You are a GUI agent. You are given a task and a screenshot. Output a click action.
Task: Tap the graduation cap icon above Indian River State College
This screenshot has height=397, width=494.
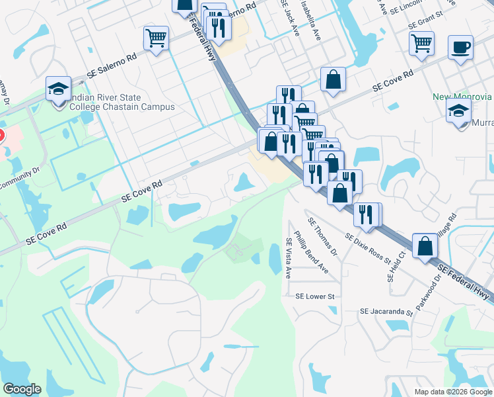tap(58, 88)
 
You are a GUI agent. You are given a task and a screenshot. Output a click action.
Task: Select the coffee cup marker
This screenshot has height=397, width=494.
tap(460, 48)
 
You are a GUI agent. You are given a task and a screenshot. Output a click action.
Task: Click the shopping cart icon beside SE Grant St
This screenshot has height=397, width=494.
tap(421, 44)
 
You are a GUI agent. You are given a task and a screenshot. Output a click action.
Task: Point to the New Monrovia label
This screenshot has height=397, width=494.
tap(462, 97)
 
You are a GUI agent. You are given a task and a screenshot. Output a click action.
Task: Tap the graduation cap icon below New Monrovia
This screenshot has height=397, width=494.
tap(458, 110)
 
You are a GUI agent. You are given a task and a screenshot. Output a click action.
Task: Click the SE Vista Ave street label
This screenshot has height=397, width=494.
tap(288, 257)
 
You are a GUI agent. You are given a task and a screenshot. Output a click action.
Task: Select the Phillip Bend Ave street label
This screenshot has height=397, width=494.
tap(311, 251)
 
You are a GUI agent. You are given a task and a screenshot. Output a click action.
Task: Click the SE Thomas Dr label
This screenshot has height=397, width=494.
tap(322, 233)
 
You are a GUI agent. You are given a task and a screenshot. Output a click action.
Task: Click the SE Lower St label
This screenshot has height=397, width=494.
tap(316, 296)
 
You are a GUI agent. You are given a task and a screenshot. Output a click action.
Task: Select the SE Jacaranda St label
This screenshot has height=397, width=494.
tap(386, 311)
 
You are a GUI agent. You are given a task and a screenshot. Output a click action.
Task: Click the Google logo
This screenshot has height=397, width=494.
tap(22, 390)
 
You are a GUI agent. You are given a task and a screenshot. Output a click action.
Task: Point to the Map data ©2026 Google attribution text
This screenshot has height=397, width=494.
tap(452, 392)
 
